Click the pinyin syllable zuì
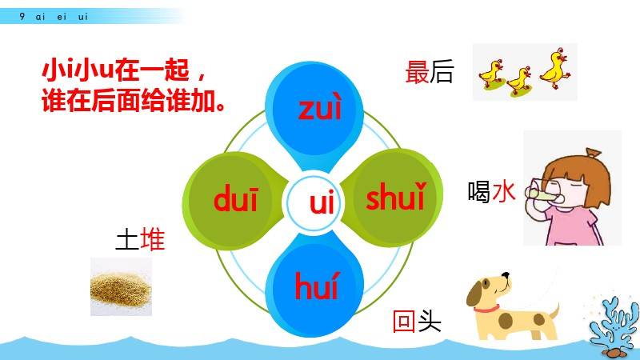[x=319, y=108]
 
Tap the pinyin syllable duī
[x=236, y=198]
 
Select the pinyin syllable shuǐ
[x=396, y=197]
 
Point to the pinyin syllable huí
[x=317, y=286]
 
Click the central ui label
[x=322, y=202]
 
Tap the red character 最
[x=417, y=72]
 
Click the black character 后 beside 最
[x=442, y=72]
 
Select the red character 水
[x=504, y=191]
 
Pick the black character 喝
[x=479, y=191]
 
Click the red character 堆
[x=152, y=239]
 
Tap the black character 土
[x=127, y=239]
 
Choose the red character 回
[x=404, y=321]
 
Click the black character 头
[x=430, y=321]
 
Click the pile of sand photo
[x=121, y=286]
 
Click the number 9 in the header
[x=22, y=16]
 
